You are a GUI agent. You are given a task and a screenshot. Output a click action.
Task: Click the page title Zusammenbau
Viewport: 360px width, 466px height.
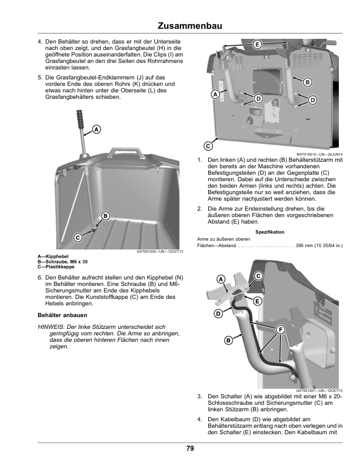(x=190, y=26)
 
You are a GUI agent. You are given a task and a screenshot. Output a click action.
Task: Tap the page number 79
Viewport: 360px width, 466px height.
(x=190, y=448)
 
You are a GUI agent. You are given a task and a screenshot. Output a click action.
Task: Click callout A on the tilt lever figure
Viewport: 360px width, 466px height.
(x=96, y=129)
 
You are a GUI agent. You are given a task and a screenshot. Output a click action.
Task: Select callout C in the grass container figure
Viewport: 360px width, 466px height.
(x=78, y=238)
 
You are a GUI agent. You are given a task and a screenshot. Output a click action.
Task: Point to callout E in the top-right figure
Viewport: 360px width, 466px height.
(x=257, y=45)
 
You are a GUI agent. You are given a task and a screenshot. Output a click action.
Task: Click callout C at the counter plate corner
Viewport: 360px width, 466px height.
(x=208, y=146)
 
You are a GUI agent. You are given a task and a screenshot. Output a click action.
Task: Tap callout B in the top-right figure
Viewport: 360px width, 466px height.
(x=308, y=82)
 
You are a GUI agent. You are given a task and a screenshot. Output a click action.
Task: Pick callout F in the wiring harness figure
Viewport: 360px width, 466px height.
(x=281, y=329)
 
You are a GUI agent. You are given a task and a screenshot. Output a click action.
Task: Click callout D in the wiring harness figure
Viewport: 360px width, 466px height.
(x=219, y=314)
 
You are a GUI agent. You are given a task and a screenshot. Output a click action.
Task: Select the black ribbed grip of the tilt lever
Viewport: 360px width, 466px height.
(x=80, y=119)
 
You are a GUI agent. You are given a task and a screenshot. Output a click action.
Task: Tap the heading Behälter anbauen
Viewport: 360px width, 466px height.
(x=62, y=315)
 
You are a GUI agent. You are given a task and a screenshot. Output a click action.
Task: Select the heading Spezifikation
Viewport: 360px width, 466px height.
(x=269, y=232)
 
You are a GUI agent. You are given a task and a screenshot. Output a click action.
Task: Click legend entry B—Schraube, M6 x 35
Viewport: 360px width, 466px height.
(x=63, y=262)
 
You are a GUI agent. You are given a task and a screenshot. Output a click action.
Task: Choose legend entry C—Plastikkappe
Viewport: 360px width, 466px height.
(x=56, y=267)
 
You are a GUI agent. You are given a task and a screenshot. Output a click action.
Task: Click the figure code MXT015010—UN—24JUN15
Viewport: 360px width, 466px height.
(x=319, y=154)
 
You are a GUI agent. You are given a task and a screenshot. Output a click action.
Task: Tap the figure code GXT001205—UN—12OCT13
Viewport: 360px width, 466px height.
(x=160, y=251)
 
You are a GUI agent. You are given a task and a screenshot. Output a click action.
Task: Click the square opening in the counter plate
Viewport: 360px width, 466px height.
(x=266, y=81)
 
